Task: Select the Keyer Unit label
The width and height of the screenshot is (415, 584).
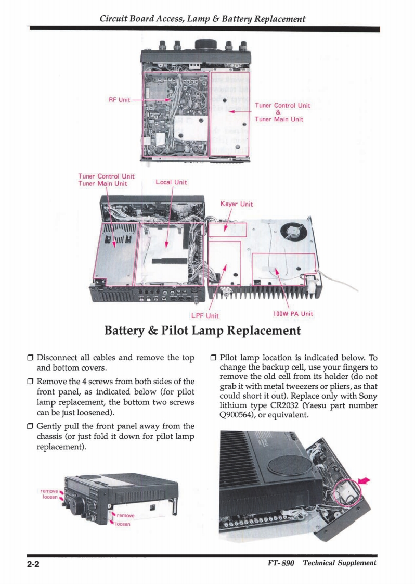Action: (x=237, y=204)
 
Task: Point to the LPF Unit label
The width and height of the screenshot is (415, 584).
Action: (x=205, y=315)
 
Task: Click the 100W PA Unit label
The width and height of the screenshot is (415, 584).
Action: (x=293, y=314)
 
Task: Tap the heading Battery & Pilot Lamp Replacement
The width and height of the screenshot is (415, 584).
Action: (x=203, y=331)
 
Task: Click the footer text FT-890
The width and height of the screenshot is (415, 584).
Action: (x=280, y=564)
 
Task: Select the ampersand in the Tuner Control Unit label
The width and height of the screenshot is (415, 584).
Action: (x=278, y=112)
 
